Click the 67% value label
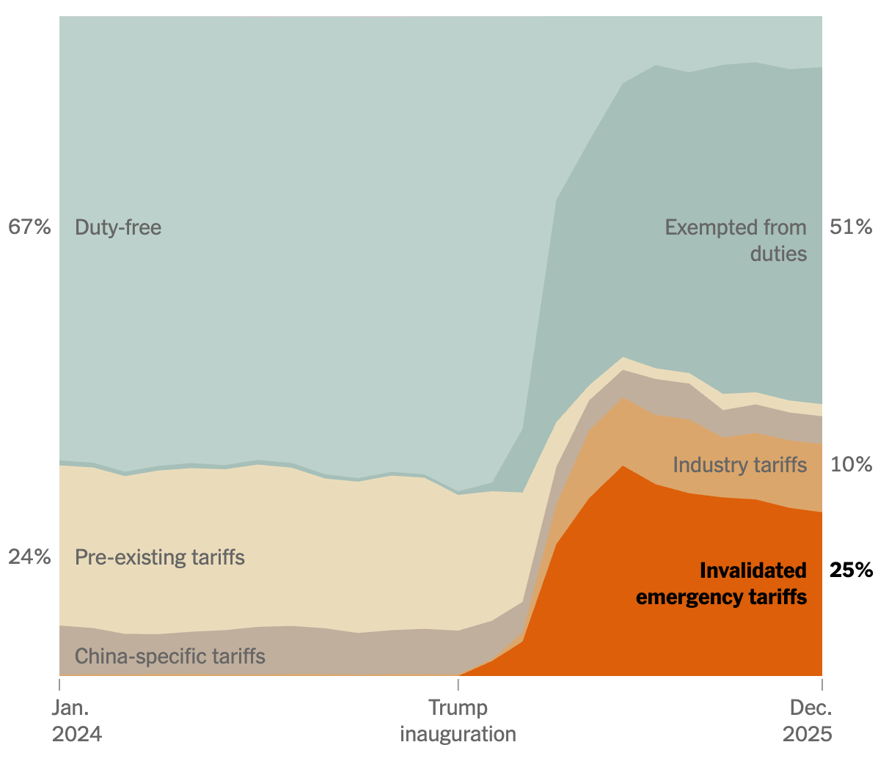(x=29, y=227)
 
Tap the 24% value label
(x=29, y=557)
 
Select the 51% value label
(x=851, y=227)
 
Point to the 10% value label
(x=851, y=465)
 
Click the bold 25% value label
(x=851, y=570)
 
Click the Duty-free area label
(x=118, y=227)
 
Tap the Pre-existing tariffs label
(x=160, y=557)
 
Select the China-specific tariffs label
(x=170, y=655)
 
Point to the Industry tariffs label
(x=739, y=465)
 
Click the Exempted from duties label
(x=736, y=240)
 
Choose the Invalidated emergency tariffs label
(x=722, y=584)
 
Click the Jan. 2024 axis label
(x=76, y=721)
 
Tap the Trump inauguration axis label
(x=458, y=721)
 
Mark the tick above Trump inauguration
(x=458, y=684)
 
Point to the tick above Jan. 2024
(x=59, y=684)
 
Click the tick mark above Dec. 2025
(x=822, y=684)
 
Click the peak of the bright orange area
(x=623, y=467)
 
